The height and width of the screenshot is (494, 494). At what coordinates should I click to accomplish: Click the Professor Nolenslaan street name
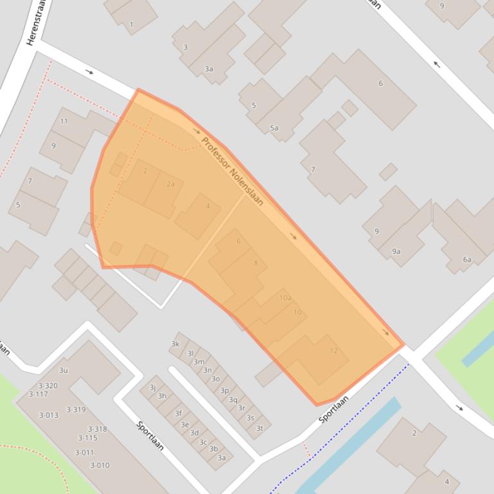coord(232,171)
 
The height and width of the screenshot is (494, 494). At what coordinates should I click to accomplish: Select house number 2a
coord(170,183)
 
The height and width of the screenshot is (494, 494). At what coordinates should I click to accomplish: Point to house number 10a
coord(285,298)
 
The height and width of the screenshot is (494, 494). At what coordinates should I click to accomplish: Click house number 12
coord(333,350)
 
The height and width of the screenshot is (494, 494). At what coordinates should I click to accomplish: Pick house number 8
coord(256,263)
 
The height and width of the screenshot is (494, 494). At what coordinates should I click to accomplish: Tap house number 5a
coord(274,128)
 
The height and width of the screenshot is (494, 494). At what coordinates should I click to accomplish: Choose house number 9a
coord(396,251)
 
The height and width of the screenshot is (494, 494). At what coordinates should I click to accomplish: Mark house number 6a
coord(467,260)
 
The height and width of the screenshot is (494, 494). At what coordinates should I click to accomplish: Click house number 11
coord(64,121)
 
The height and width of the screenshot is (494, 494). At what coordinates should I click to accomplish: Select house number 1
coord(132,25)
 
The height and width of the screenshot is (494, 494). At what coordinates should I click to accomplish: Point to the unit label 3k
coord(175,345)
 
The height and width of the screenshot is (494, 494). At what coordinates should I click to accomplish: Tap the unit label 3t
coord(260,429)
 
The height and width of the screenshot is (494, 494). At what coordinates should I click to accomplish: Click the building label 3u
coord(63,370)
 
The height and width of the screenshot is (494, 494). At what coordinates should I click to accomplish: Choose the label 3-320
coord(48,386)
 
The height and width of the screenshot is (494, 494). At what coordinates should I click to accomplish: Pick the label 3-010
coord(100,465)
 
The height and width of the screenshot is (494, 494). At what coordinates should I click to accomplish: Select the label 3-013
coord(48,415)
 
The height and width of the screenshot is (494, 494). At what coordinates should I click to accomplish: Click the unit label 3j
coord(153,388)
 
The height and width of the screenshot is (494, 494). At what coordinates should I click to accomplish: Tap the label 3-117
coord(39,394)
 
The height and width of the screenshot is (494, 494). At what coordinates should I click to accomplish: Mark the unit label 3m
coord(198,362)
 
